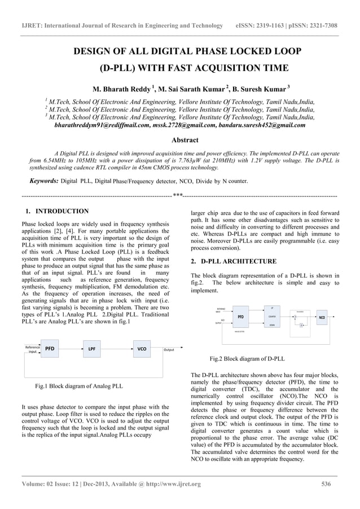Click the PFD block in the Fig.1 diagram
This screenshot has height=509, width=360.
click(x=50, y=349)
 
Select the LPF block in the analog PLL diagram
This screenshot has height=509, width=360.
click(x=91, y=349)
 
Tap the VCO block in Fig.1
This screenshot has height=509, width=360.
click(x=142, y=349)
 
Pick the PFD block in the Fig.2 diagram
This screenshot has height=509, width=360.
click(x=240, y=317)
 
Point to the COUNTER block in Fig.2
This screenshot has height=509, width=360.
click(x=273, y=317)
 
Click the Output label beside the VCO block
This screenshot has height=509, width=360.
click(x=169, y=350)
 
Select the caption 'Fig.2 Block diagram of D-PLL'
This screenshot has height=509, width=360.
click(x=247, y=358)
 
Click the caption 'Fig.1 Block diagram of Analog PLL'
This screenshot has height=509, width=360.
click(x=78, y=386)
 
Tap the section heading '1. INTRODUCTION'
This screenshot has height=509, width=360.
click(x=57, y=211)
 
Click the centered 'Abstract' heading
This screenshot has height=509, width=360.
click(x=185, y=140)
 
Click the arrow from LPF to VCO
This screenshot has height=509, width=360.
click(x=118, y=349)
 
